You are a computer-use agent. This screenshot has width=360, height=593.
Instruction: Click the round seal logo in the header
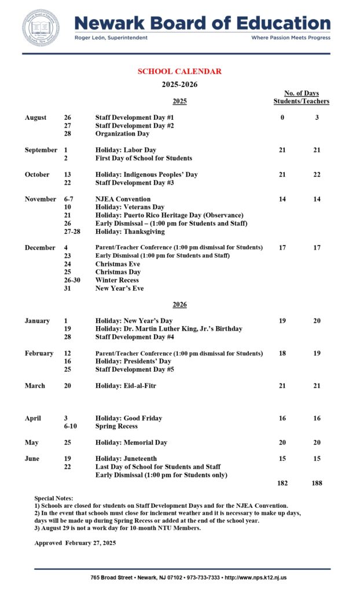(x=41, y=27)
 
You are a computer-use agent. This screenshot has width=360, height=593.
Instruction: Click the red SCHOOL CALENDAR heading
(x=179, y=71)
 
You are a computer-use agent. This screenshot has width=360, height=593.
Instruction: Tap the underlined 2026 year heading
(x=179, y=305)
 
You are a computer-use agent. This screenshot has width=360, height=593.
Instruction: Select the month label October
(x=37, y=174)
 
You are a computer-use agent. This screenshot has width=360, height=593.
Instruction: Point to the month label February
(x=39, y=353)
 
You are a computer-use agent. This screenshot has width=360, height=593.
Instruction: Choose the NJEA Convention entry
(x=122, y=199)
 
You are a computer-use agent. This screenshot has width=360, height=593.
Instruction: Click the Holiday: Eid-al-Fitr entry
(x=126, y=386)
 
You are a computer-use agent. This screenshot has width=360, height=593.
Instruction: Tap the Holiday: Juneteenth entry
(x=126, y=459)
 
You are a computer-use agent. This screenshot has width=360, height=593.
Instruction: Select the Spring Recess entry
(x=116, y=426)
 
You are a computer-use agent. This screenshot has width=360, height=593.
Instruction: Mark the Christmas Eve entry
(x=117, y=264)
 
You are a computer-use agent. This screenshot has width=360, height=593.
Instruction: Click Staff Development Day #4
(x=134, y=337)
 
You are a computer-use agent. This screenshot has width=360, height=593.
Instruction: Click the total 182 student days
(x=282, y=483)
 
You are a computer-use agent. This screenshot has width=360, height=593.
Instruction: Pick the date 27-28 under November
(x=74, y=232)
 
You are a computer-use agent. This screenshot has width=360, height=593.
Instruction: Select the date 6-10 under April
(x=70, y=426)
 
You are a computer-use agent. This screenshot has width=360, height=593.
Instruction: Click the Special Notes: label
(x=54, y=498)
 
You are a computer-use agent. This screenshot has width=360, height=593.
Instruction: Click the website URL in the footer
(x=255, y=577)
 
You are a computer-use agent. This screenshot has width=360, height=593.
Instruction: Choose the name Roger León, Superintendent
(x=111, y=38)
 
